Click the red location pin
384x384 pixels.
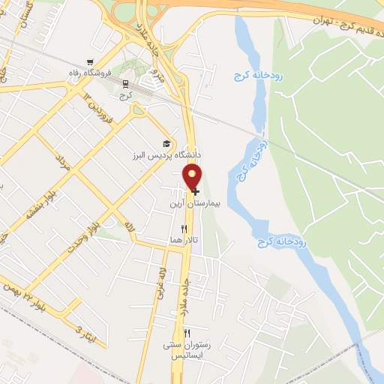pyautogui.click(x=193, y=176)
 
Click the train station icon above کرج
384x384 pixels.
pyautogui.click(x=125, y=84)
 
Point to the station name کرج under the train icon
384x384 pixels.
pyautogui.click(x=126, y=95)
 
